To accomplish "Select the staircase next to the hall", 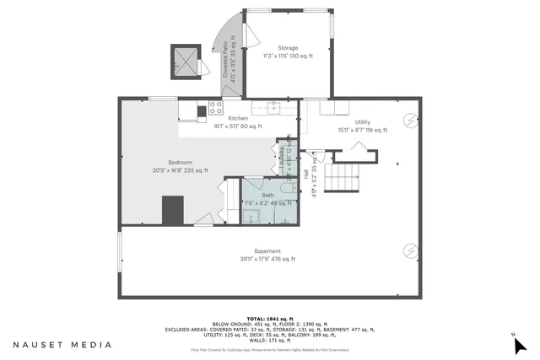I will pyautogui.click(x=343, y=178).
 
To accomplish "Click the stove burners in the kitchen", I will pyautogui.click(x=203, y=110).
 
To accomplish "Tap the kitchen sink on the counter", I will pyautogui.click(x=273, y=107).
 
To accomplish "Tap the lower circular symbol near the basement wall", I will pyautogui.click(x=409, y=250).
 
